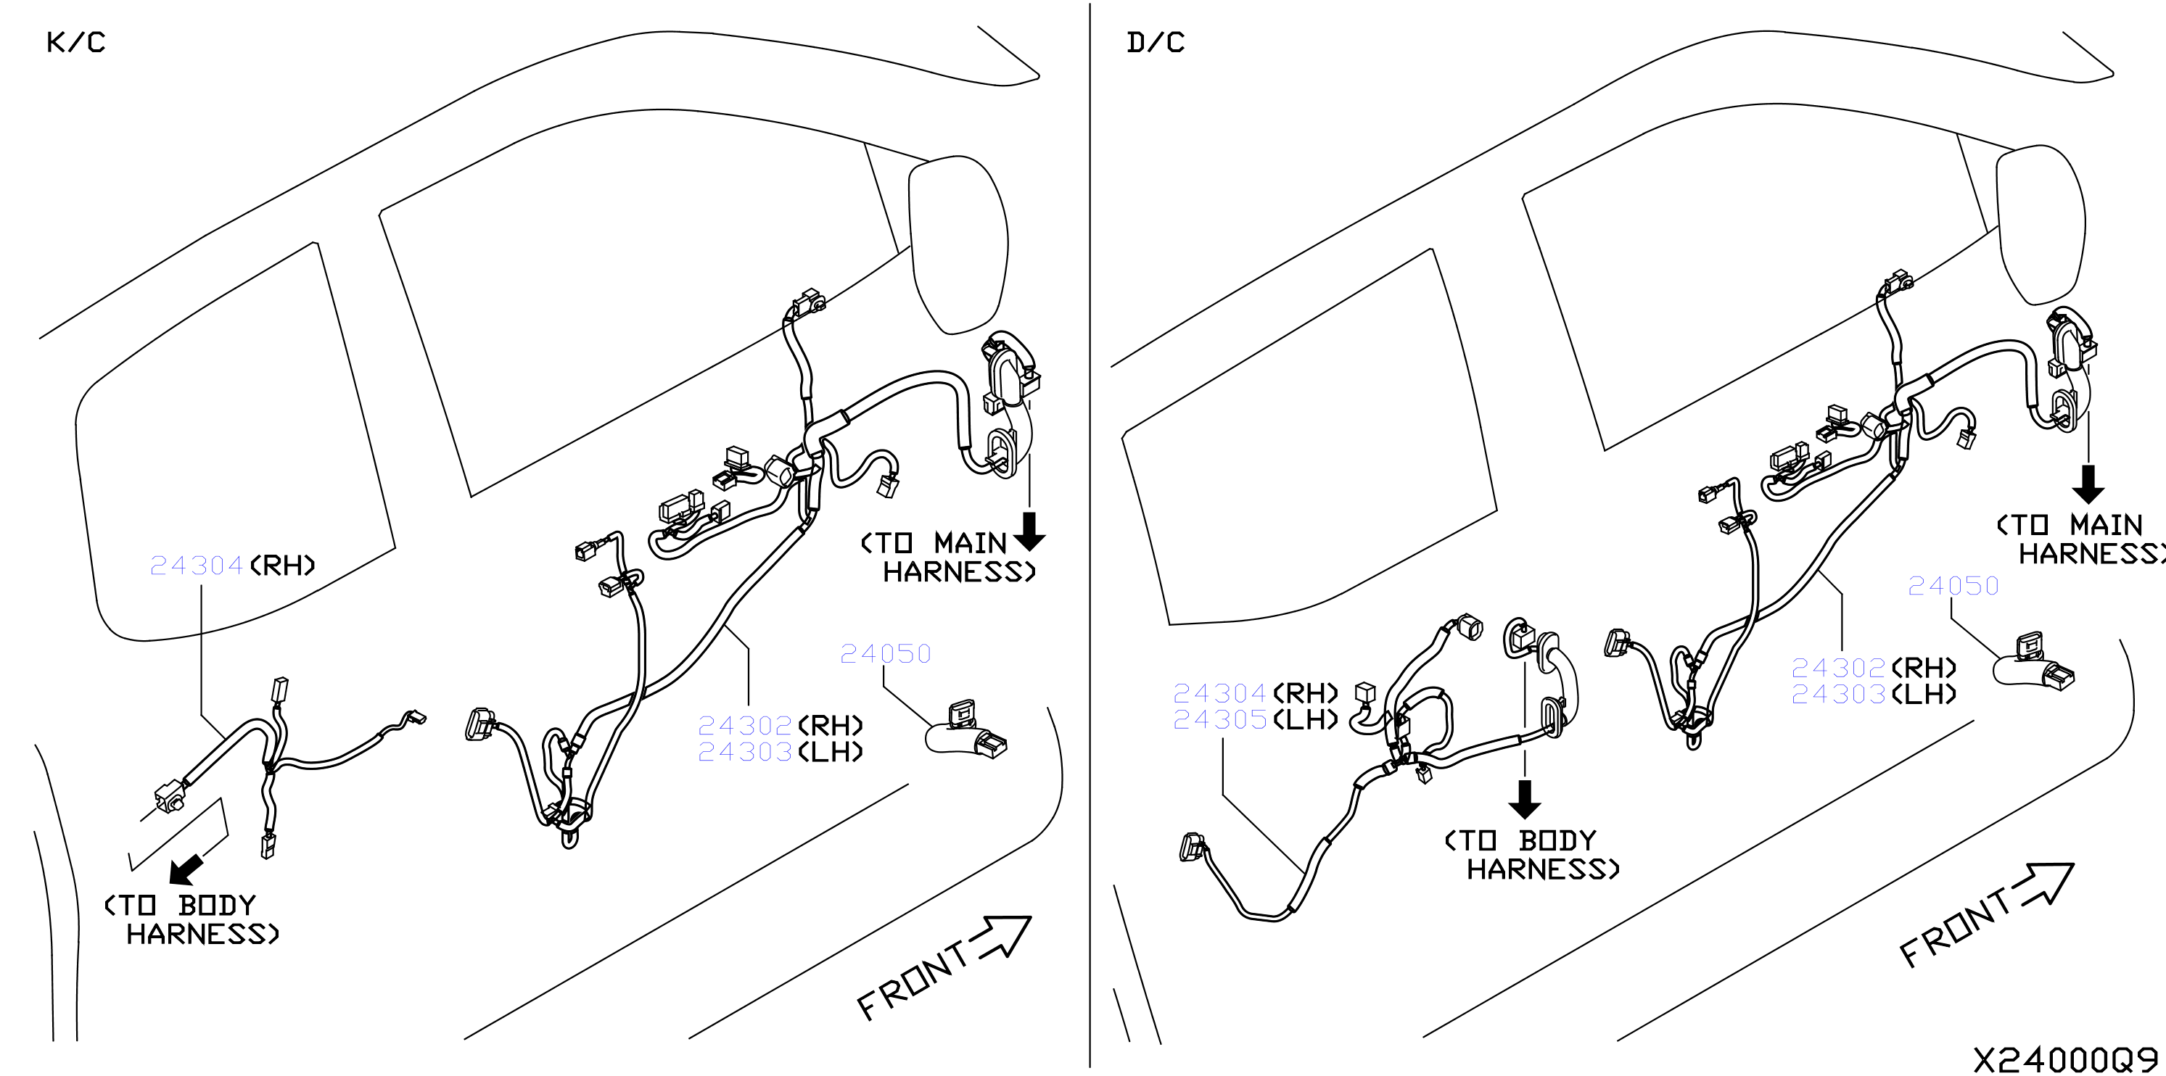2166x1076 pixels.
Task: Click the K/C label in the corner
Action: tap(75, 42)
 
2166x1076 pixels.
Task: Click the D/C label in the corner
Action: tap(1156, 42)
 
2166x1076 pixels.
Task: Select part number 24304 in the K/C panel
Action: tap(197, 565)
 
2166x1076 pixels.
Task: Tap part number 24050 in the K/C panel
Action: tap(886, 653)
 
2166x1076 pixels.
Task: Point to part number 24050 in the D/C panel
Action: tap(1953, 585)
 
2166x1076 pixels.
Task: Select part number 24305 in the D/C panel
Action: tap(1220, 719)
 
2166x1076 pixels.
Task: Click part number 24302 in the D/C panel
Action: tap(1838, 668)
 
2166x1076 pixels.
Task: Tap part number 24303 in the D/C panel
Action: tap(1838, 695)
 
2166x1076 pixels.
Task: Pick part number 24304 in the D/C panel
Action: tap(1220, 692)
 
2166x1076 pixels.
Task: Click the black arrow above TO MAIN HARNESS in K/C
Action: tap(1029, 531)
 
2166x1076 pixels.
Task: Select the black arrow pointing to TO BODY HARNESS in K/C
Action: tap(186, 870)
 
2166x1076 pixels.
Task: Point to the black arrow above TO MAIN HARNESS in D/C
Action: tap(2088, 484)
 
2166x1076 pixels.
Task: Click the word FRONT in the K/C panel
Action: tap(913, 981)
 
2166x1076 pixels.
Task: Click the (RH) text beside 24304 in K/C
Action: tap(282, 565)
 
